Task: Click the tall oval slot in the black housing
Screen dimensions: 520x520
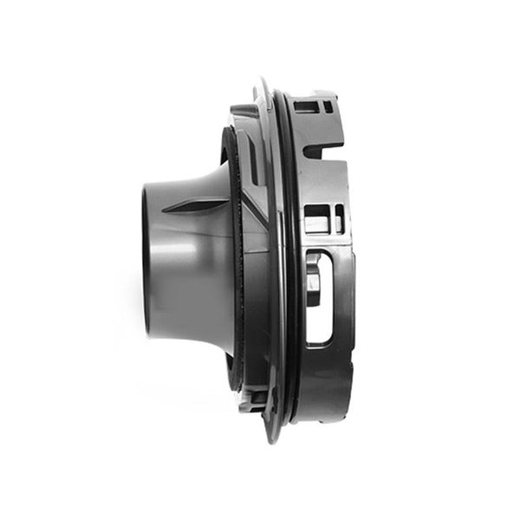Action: pos(318,295)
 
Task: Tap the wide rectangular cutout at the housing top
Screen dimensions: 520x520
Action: pos(306,107)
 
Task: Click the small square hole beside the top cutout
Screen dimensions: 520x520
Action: pos(327,107)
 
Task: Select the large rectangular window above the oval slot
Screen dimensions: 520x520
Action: pos(316,219)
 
